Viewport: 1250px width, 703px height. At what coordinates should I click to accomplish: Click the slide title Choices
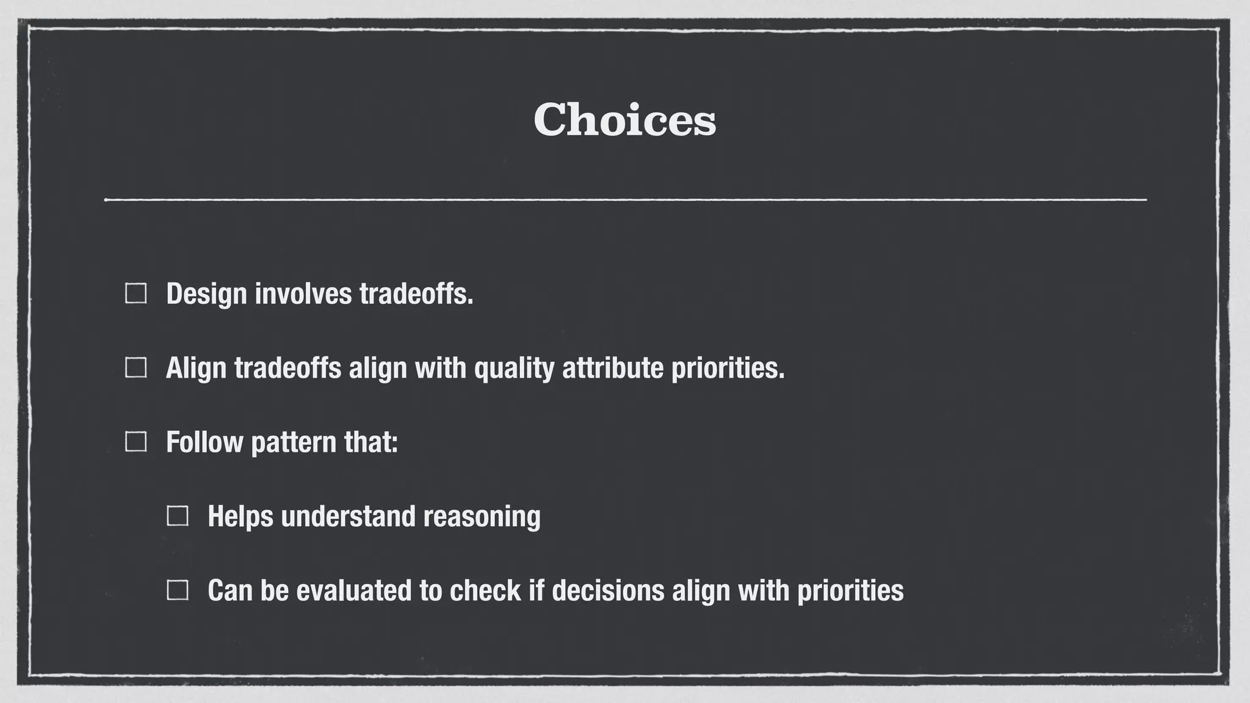coord(624,120)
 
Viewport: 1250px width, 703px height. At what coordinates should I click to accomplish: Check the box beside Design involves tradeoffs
coord(135,294)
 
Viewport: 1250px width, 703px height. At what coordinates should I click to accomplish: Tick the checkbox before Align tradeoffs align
coord(135,368)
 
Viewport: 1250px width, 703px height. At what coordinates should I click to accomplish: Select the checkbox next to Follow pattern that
coord(135,442)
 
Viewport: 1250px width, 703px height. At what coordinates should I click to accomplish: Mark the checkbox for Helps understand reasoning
coord(178,516)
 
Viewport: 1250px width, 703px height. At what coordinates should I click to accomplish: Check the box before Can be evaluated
coord(178,591)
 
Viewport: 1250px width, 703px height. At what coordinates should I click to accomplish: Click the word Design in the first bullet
coord(206,294)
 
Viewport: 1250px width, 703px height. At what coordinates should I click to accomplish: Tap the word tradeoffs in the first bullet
coord(416,294)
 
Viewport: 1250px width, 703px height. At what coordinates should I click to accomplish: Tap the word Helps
coord(240,517)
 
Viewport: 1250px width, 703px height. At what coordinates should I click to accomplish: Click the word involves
coord(303,294)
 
